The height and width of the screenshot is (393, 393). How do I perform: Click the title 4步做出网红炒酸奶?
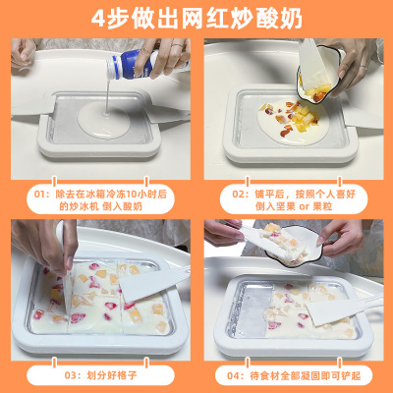196,19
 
